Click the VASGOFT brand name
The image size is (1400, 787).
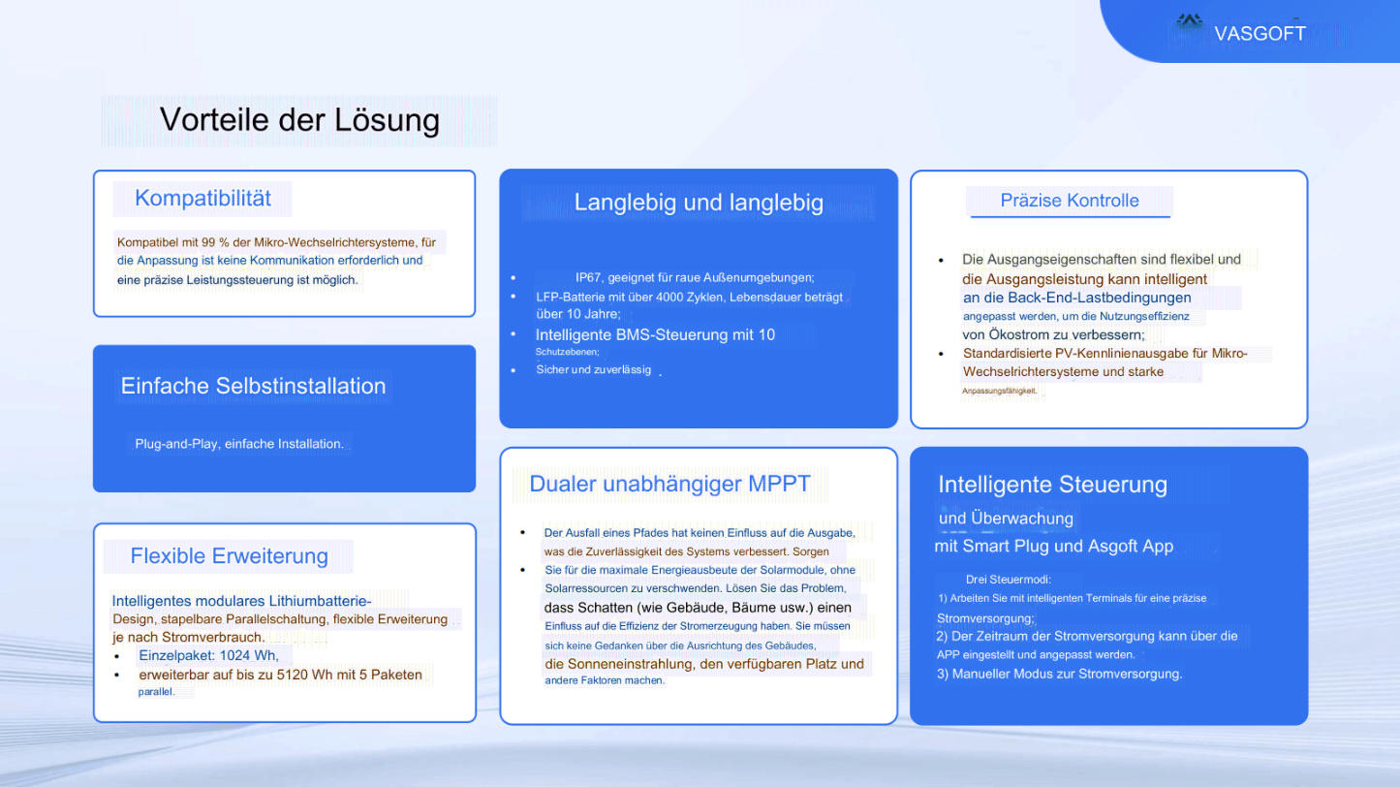(1260, 34)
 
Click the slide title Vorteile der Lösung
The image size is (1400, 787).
(299, 120)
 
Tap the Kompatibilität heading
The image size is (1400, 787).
(202, 198)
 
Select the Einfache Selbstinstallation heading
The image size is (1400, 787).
(253, 386)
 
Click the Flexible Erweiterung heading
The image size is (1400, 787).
(229, 555)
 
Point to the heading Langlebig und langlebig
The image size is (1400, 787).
(699, 203)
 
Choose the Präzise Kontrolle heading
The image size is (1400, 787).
(1070, 200)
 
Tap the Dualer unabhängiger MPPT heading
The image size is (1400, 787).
(669, 484)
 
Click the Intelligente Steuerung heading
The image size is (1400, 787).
(1052, 485)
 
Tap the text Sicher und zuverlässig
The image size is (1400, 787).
(593, 369)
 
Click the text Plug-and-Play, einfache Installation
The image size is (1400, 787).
(239, 444)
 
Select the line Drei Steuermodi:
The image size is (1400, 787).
(1009, 580)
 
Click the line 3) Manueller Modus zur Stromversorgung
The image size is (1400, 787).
(1059, 674)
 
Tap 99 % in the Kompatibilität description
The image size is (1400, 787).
(215, 242)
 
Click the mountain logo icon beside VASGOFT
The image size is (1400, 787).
(1190, 21)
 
